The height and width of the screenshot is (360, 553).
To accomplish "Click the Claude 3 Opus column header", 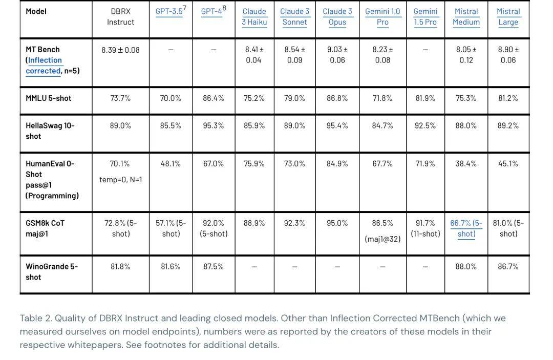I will tap(337, 17).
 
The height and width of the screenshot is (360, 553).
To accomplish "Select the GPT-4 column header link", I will tap(212, 11).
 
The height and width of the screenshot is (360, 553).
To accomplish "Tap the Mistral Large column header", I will tap(508, 17).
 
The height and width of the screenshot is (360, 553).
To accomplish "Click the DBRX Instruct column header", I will tap(121, 17).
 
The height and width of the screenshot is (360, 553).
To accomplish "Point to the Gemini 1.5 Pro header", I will tap(425, 17).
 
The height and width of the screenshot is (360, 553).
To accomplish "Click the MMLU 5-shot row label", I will tap(49, 98).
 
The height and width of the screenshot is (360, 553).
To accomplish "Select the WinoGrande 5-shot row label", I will tap(51, 272).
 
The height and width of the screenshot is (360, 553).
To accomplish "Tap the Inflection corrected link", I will tap(45, 66).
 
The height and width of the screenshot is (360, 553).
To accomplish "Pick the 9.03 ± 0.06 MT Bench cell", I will tap(337, 55).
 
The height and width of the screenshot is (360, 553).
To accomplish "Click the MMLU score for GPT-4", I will tap(214, 98).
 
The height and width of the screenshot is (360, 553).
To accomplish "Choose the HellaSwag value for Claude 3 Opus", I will tap(337, 125).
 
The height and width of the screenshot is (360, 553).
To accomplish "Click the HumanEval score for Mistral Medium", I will tap(466, 164).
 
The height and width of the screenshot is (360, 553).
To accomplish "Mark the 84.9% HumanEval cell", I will tap(337, 164).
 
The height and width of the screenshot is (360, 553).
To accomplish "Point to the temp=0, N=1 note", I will tap(121, 180).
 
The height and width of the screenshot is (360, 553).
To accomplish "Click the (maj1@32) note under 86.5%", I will tap(382, 239).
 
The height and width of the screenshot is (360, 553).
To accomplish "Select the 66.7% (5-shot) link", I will tap(466, 228).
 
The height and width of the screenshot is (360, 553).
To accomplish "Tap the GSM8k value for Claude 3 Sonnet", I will tap(294, 223).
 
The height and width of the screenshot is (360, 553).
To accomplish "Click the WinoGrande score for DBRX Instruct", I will tap(121, 267).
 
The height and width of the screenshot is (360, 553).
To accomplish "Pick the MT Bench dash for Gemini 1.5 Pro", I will tap(425, 50).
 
